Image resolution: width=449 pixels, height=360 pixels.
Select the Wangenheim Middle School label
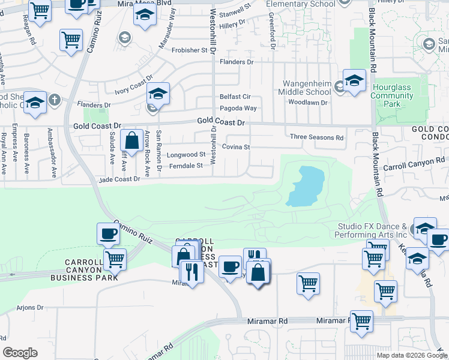click(x=304, y=88)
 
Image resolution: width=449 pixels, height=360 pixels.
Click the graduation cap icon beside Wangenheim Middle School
click(x=354, y=80)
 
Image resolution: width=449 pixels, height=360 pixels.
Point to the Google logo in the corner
click(x=20, y=353)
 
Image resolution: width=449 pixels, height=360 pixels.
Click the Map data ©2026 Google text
click(x=411, y=355)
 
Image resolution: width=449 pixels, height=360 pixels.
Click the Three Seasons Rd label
click(x=316, y=137)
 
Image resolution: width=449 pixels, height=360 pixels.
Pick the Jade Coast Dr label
click(x=120, y=179)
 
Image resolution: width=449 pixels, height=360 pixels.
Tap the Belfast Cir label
click(x=235, y=97)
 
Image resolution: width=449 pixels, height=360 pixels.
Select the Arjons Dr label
click(x=30, y=308)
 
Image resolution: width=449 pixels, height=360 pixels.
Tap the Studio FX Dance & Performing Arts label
click(x=372, y=230)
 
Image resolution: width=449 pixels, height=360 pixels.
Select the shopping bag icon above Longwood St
click(x=131, y=141)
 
